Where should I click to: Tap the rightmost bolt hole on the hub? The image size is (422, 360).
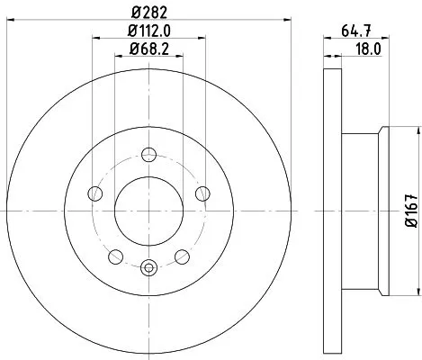pos(203,193)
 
